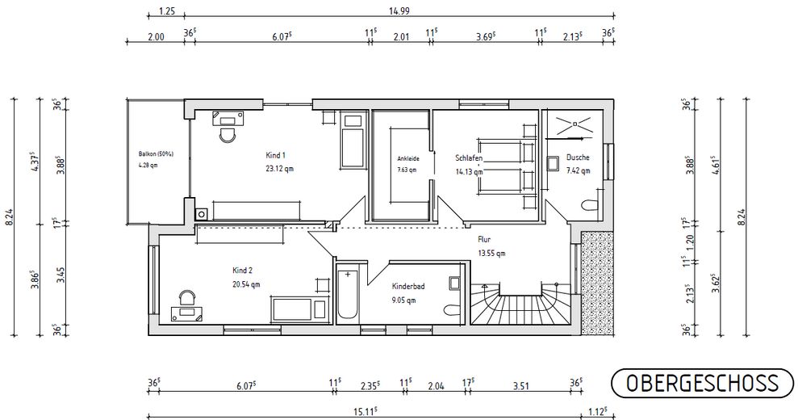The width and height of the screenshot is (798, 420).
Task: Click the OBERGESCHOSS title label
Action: tap(702, 384)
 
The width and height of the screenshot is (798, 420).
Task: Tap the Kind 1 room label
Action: tap(276, 155)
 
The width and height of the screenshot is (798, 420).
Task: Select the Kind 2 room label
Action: tap(242, 271)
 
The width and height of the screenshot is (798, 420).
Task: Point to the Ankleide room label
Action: tap(408, 158)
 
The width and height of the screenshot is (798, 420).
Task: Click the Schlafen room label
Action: tap(469, 158)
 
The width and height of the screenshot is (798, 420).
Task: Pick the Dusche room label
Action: tap(578, 157)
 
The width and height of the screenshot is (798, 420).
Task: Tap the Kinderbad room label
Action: tap(408, 287)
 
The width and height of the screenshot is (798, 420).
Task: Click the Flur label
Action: tap(484, 239)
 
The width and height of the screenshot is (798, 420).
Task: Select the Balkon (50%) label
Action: tap(156, 153)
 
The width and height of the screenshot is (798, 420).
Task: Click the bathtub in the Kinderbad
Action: tap(348, 295)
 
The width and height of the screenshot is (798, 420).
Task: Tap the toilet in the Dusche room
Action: tap(590, 206)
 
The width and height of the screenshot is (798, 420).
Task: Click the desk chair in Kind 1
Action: tap(228, 135)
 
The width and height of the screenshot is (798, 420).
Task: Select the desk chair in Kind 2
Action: tap(188, 297)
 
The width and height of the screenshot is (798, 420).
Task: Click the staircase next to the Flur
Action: tap(520, 304)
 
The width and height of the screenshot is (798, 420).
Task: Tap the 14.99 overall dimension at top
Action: tap(399, 10)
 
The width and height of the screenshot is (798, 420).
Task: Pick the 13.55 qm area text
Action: tap(491, 254)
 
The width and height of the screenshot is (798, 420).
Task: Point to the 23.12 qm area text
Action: tap(279, 169)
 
